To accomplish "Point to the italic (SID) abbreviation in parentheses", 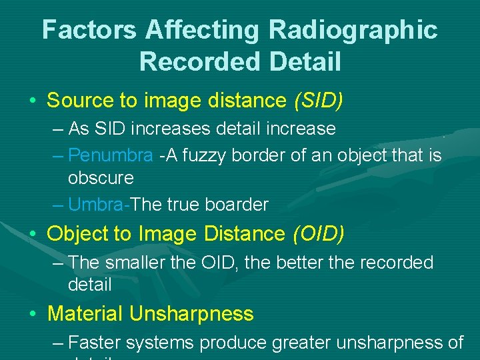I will coord(318,101).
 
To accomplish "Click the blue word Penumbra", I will coord(111,155).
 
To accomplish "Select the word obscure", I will coord(101,178).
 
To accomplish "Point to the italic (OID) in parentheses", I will coord(318,234).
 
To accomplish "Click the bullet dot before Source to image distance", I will coord(32,101).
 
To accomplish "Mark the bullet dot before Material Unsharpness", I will coord(32,314).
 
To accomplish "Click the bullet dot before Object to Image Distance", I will coord(32,235).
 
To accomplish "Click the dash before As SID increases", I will coord(57,128).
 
